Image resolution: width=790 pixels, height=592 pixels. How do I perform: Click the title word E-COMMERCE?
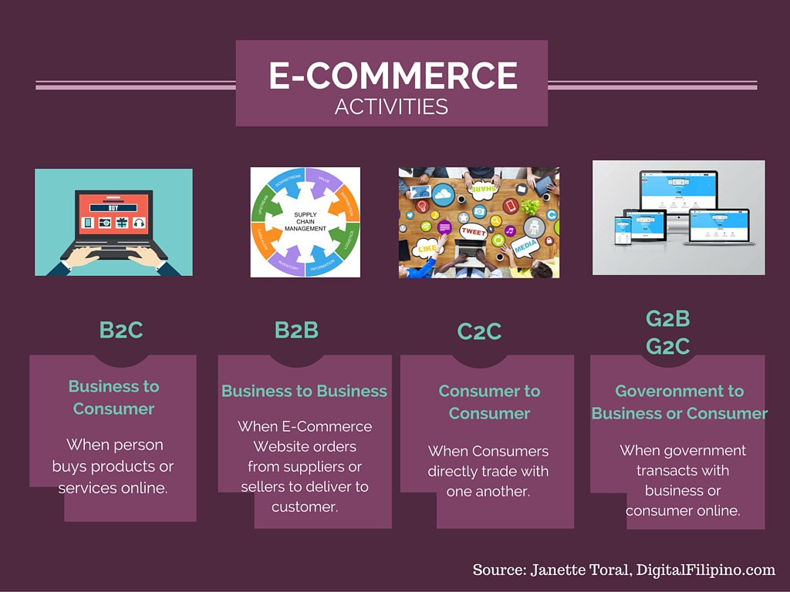tap(392, 76)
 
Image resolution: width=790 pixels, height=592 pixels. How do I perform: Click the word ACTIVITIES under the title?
tap(391, 106)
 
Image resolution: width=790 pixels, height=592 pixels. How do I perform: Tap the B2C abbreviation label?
tap(121, 330)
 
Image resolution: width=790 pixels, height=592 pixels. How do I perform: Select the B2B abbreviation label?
tap(296, 330)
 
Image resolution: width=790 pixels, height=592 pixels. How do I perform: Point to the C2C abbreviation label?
tap(479, 331)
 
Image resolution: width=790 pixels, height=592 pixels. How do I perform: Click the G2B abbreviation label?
tap(667, 318)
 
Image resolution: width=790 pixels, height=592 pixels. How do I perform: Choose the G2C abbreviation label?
tap(667, 347)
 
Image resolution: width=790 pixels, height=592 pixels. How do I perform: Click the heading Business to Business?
tap(304, 392)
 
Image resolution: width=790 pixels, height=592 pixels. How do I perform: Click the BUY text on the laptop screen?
tap(113, 207)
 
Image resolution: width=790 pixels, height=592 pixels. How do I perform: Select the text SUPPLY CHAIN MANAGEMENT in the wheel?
tap(305, 221)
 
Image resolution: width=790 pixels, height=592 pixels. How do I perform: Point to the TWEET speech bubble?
tap(474, 231)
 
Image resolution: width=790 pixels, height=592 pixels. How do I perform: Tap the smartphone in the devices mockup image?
tap(623, 231)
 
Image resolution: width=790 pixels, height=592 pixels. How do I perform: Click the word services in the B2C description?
tap(82, 488)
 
